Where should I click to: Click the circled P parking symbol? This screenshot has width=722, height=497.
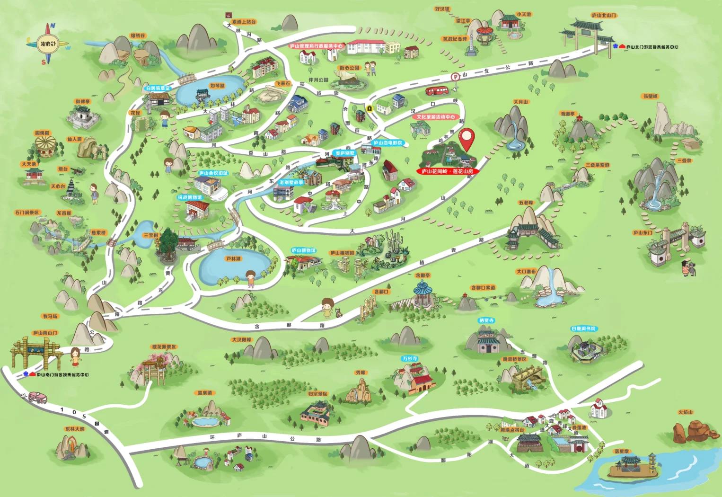click(455, 77)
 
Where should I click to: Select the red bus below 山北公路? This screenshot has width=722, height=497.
click(437, 91)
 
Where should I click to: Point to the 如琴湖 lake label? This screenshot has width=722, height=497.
click(204, 86)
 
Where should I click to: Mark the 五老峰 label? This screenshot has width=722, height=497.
click(525, 203)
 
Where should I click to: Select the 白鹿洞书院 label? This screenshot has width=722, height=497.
click(583, 328)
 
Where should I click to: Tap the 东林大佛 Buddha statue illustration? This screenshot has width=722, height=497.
click(71, 447)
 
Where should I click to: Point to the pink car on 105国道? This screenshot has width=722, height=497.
click(37, 397)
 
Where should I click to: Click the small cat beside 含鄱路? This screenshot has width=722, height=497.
click(338, 312)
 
